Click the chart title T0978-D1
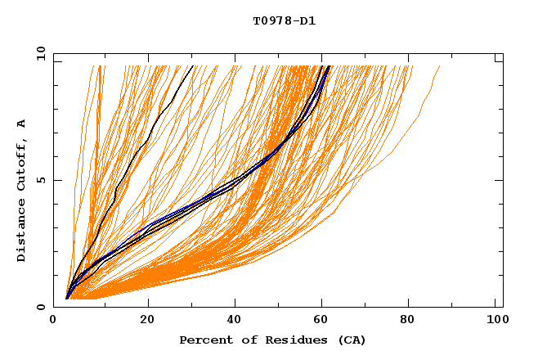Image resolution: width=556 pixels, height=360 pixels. pos(284,20)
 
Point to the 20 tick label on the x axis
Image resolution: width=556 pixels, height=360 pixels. pos(148,320)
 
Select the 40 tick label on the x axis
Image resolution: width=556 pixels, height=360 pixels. pos(235,320)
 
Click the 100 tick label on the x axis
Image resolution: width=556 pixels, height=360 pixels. pos(495,320)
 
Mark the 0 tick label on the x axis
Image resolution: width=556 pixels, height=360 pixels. pos(53,320)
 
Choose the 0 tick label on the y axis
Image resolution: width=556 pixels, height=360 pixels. pos(41,307)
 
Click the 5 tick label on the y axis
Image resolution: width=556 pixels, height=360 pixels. pos(41,180)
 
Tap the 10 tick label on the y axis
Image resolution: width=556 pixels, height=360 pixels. pos(38,53)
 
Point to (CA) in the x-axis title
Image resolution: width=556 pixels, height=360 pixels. pos(349,340)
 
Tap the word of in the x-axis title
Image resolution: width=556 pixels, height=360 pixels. pos(244,340)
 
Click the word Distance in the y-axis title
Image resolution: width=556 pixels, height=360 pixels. pos(22,231)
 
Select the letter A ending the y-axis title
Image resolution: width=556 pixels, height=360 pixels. pos(22,123)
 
